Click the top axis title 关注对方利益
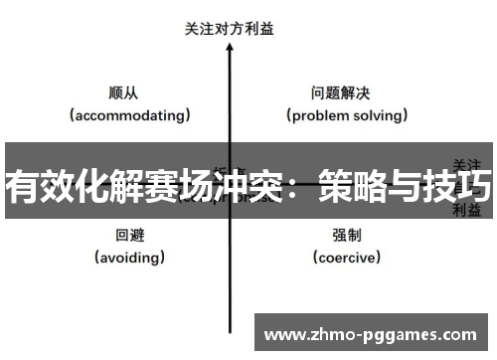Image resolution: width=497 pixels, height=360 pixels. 230,29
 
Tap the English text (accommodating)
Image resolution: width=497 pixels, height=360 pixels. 129,115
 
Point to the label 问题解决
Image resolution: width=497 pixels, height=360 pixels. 341,93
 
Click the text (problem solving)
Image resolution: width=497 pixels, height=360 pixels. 347,115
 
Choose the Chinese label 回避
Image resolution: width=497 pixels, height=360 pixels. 129,236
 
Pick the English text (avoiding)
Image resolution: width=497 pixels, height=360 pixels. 129,258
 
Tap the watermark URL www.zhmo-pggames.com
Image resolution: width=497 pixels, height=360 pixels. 372,334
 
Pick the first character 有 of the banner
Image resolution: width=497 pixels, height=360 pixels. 22,186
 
